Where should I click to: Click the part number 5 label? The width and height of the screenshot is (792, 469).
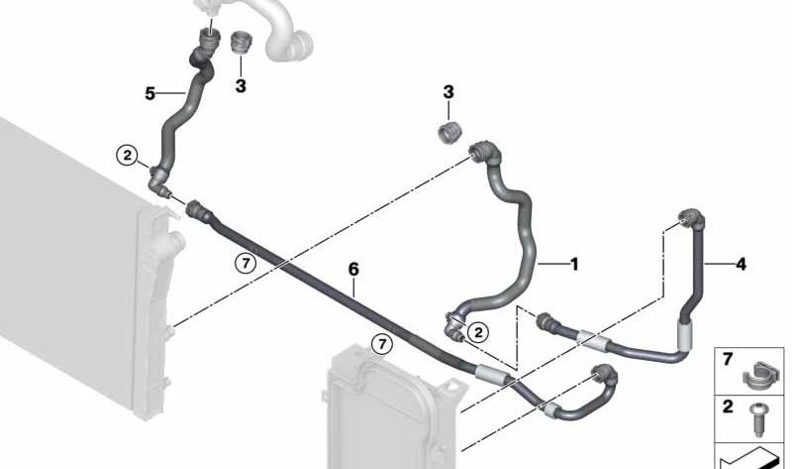(x=149, y=93)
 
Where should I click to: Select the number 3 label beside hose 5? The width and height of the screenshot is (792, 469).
(x=241, y=86)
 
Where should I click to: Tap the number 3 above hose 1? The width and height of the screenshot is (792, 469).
(x=448, y=92)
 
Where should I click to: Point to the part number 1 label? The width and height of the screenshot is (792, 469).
(x=574, y=264)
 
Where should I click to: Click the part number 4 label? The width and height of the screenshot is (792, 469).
(x=741, y=264)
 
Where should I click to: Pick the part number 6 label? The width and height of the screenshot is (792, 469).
(x=353, y=269)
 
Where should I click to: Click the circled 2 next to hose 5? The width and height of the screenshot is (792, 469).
(x=127, y=156)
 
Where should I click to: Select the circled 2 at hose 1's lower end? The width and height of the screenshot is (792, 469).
(x=478, y=332)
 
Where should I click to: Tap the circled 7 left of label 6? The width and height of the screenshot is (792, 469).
(x=246, y=263)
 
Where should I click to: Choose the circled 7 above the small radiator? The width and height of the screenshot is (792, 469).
(x=382, y=344)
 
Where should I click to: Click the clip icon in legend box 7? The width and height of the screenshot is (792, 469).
(x=758, y=376)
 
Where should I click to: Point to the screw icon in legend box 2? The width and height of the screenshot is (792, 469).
(x=758, y=419)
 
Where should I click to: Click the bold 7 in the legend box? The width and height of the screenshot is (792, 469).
(x=728, y=359)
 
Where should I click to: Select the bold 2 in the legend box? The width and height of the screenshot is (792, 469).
(x=728, y=407)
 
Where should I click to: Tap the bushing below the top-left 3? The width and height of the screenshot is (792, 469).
(x=241, y=42)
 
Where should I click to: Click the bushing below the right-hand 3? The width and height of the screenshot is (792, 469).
(x=448, y=133)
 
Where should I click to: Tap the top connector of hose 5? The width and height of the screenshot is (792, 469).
(x=208, y=40)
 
